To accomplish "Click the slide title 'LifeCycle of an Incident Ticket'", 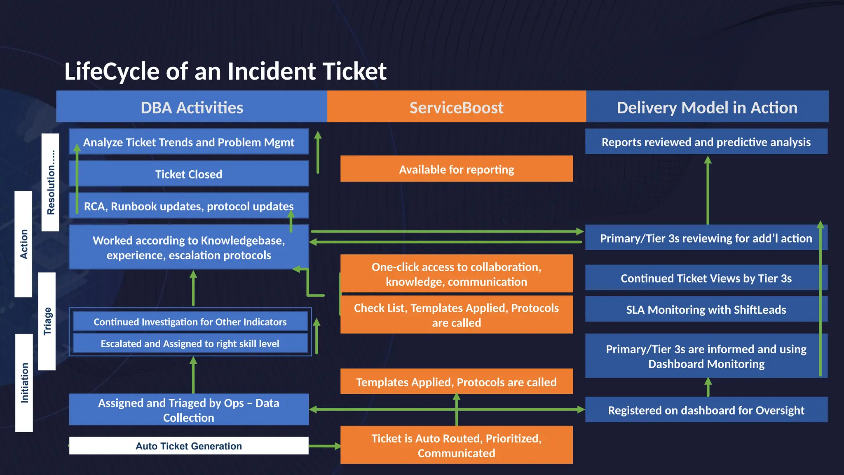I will click(x=225, y=71).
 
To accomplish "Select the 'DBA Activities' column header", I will click(x=192, y=107).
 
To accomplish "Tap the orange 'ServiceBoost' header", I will click(x=456, y=107).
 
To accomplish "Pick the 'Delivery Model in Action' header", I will click(x=707, y=107).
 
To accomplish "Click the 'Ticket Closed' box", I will click(x=189, y=174).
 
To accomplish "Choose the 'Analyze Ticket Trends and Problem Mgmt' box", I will click(x=189, y=142).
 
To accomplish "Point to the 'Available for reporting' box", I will click(x=456, y=169).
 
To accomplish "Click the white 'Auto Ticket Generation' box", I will click(x=189, y=446).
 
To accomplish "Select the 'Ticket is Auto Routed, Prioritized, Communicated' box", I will click(x=456, y=445).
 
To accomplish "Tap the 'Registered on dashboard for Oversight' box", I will click(x=706, y=410).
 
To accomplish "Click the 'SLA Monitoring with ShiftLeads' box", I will click(x=706, y=309).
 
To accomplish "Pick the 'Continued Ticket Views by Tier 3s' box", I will click(x=706, y=278).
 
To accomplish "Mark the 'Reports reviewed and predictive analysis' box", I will click(x=706, y=142).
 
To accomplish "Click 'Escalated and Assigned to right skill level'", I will click(x=190, y=343).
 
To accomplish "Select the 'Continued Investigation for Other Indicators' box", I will click(x=190, y=322).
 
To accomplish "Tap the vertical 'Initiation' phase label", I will click(x=24, y=383).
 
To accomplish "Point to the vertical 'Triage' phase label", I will click(x=47, y=321).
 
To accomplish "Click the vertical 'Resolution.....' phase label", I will click(x=51, y=182).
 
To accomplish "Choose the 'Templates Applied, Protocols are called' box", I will click(x=456, y=382).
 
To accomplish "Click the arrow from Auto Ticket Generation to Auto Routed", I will click(x=324, y=446).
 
